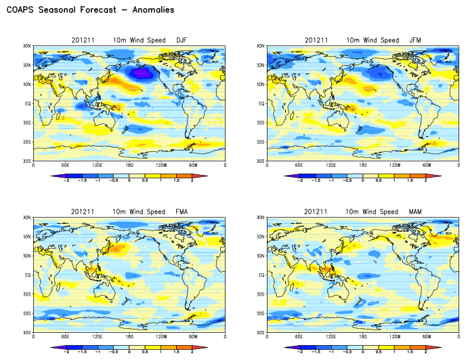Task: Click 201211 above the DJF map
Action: pos(81,40)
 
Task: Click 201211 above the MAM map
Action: pos(315,212)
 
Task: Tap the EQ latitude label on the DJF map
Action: pos(28,104)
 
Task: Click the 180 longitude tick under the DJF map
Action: pos(129,165)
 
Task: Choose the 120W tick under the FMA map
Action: pos(161,338)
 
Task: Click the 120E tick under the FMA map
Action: pos(98,338)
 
